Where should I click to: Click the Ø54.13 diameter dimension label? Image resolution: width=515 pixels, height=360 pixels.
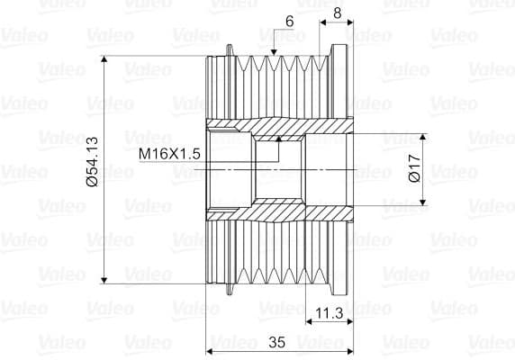click(x=93, y=162)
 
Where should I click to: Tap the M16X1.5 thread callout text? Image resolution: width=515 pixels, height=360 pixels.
click(x=169, y=154)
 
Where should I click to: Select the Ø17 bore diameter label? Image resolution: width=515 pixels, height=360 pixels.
click(x=414, y=167)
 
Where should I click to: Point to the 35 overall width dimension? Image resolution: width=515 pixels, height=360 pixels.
click(x=277, y=342)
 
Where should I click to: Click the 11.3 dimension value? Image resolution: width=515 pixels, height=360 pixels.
click(x=330, y=313)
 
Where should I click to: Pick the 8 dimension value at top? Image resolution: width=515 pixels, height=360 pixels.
click(x=338, y=13)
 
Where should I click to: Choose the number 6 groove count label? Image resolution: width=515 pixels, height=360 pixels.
click(x=289, y=22)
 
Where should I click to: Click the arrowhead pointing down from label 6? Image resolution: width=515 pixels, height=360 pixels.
click(x=274, y=52)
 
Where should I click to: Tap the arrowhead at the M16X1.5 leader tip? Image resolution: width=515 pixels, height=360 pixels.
click(x=279, y=139)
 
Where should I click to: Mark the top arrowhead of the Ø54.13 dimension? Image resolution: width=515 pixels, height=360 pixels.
click(x=104, y=59)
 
